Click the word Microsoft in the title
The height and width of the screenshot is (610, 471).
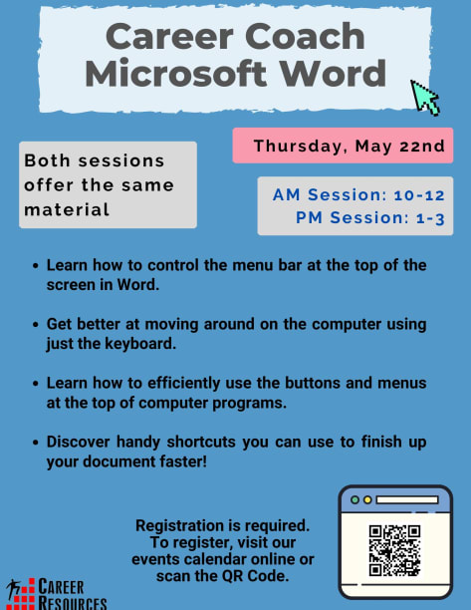[x=175, y=74]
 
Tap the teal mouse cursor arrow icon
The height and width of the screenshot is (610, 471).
[x=424, y=98]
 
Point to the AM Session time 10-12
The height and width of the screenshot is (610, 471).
[x=419, y=195]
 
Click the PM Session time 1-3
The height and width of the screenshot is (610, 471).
[x=430, y=218]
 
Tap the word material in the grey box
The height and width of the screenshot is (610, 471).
[x=67, y=209]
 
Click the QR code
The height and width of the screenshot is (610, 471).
[x=394, y=550]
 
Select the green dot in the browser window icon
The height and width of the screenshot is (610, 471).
[x=354, y=500]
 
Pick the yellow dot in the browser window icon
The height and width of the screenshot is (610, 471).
[x=367, y=500]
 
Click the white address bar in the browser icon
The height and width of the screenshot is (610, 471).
[x=407, y=500]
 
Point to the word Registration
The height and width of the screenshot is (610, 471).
[x=181, y=526]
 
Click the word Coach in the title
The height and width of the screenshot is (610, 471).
[x=305, y=37]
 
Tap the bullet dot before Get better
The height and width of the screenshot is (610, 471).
[x=36, y=325]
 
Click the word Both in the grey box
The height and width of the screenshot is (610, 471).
[x=47, y=160]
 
